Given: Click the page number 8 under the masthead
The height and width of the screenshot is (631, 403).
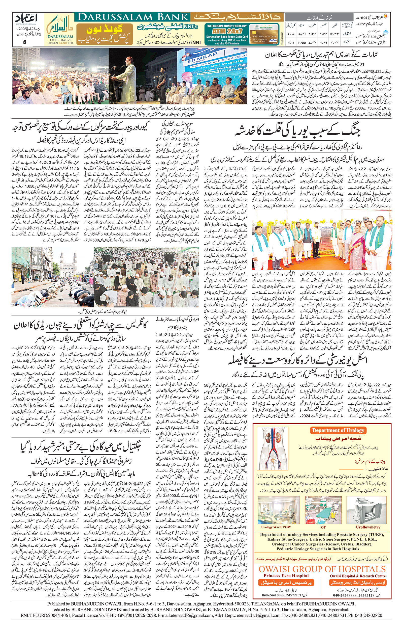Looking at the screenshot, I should click(x=25, y=42).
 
